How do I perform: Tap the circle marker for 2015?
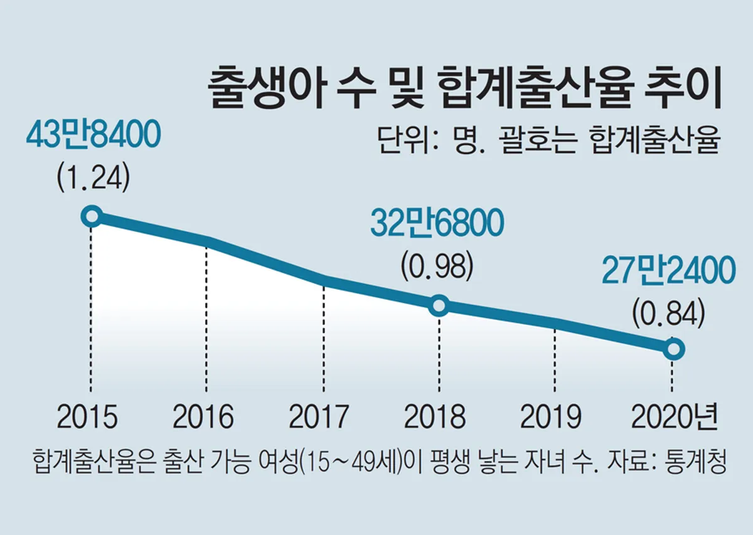[92, 216]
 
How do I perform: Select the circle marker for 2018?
[439, 305]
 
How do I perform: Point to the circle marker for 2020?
[673, 349]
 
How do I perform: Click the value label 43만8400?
[93, 136]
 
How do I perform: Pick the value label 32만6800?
[437, 224]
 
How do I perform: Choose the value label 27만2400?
[668, 271]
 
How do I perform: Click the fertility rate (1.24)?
[93, 179]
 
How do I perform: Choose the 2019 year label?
[552, 417]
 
